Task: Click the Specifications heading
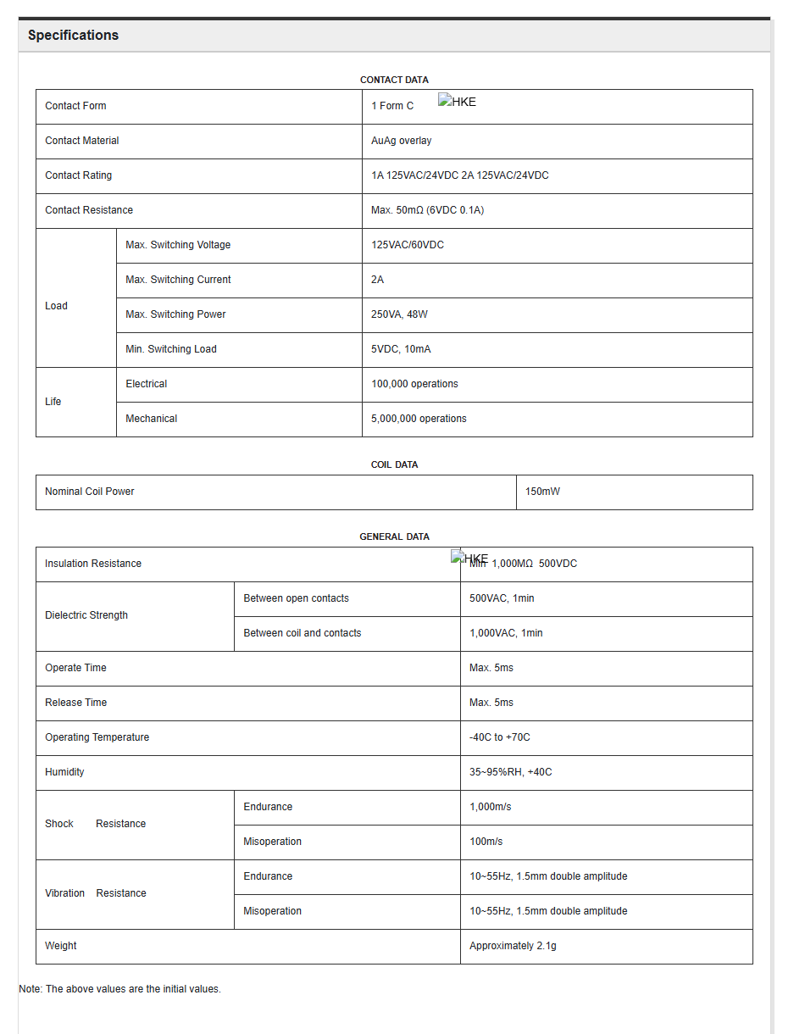[x=73, y=36]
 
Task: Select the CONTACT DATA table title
[x=394, y=80]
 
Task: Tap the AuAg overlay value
[x=401, y=141]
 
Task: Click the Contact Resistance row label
[x=89, y=210]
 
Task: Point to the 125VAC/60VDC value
[x=407, y=245]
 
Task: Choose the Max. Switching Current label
[x=178, y=280]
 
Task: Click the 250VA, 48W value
[x=399, y=314]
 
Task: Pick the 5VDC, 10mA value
[x=401, y=349]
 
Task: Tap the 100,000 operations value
[x=414, y=384]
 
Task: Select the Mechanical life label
[x=152, y=419]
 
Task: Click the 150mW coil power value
[x=542, y=492]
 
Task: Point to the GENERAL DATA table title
[x=394, y=536]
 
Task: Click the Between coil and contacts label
[x=303, y=633]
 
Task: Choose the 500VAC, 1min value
[x=502, y=598]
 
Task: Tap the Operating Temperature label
[x=97, y=737]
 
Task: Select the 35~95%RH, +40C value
[x=510, y=772]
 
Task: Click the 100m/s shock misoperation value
[x=486, y=842]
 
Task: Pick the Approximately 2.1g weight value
[x=513, y=946]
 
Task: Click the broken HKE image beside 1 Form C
[x=458, y=102]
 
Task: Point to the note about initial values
[x=119, y=989]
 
